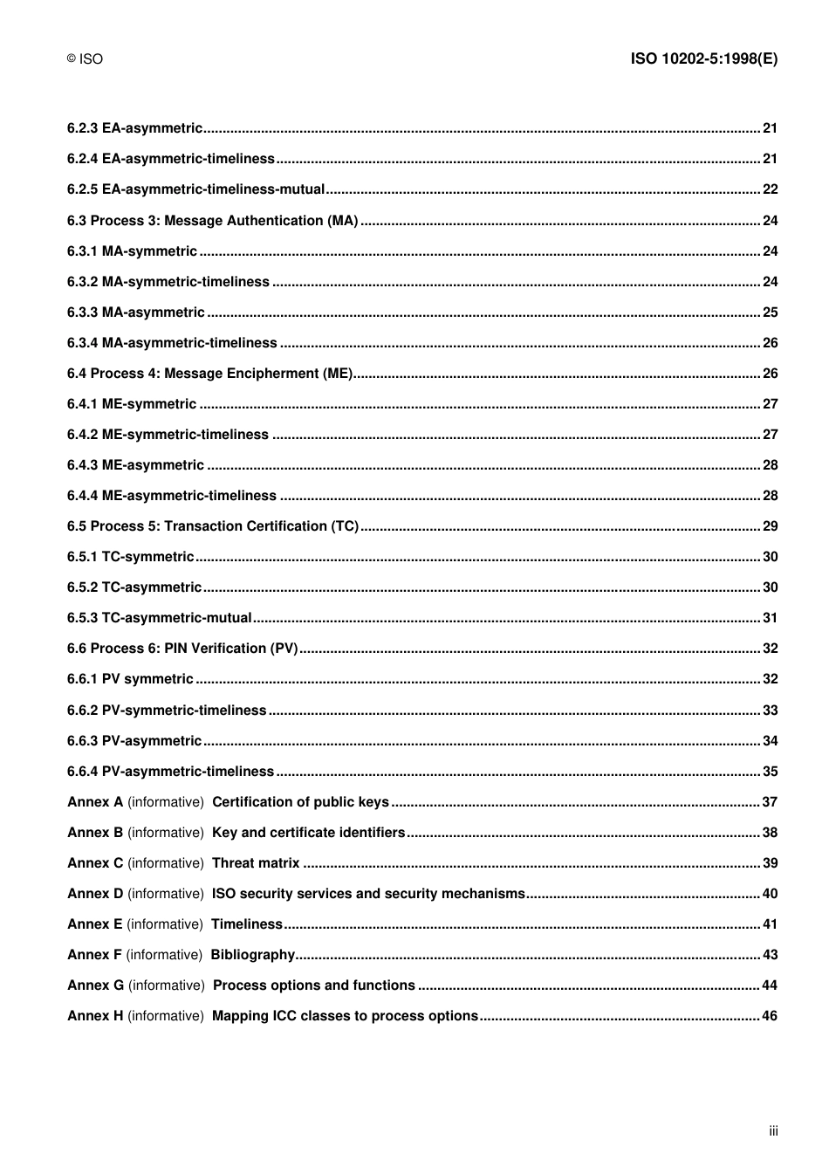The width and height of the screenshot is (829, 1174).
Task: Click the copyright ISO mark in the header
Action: click(85, 59)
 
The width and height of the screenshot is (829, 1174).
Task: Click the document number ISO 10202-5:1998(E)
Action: click(703, 58)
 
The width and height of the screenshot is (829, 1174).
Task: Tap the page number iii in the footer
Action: click(773, 1131)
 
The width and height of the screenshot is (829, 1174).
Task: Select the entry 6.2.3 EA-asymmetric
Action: click(134, 128)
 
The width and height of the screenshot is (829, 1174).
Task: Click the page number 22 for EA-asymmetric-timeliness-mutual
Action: click(770, 189)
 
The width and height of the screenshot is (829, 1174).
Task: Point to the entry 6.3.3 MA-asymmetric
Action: click(135, 312)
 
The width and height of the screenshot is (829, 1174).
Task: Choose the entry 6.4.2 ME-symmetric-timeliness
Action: click(168, 435)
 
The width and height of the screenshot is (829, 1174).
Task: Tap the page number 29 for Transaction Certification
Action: click(770, 526)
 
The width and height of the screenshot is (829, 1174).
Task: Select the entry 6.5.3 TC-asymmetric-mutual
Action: click(160, 618)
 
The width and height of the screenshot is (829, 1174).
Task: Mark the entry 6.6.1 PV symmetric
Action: click(130, 679)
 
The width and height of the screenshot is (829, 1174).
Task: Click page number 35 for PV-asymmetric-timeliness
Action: click(770, 772)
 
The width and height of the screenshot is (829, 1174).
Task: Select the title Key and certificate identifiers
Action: click(308, 833)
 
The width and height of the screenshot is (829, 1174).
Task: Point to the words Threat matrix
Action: click(256, 863)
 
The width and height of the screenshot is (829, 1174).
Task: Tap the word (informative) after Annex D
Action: click(166, 894)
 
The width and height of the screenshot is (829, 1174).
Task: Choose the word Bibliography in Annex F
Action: click(253, 955)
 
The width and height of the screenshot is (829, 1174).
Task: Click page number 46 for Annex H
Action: click(770, 1016)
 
